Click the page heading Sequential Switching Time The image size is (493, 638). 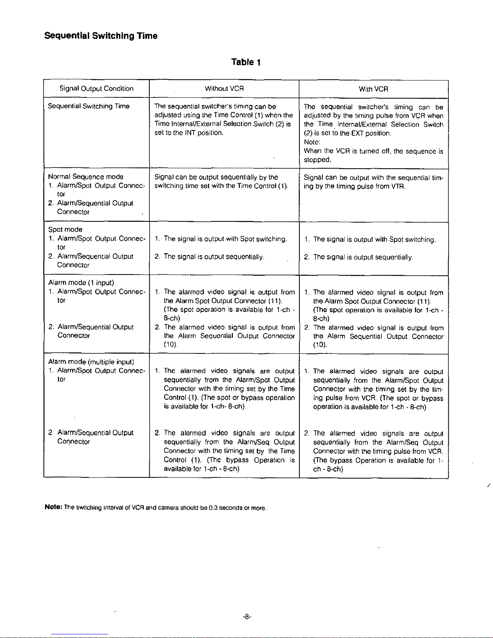(x=101, y=36)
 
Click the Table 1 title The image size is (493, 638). (x=246, y=62)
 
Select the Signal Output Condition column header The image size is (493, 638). (x=96, y=89)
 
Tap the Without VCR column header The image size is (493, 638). (x=224, y=89)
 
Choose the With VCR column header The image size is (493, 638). (x=373, y=89)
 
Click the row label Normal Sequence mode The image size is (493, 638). (x=86, y=177)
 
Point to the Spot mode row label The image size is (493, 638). (x=65, y=229)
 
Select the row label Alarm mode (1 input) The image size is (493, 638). (x=81, y=283)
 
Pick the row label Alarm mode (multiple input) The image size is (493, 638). (x=91, y=361)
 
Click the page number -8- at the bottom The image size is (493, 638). (x=247, y=616)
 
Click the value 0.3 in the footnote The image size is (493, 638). (x=213, y=508)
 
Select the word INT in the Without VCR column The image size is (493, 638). (x=190, y=133)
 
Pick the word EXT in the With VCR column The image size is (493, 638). (x=357, y=133)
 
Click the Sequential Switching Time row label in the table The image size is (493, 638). (x=89, y=106)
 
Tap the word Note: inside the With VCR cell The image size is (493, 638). (x=312, y=142)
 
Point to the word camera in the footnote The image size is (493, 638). (x=167, y=508)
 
